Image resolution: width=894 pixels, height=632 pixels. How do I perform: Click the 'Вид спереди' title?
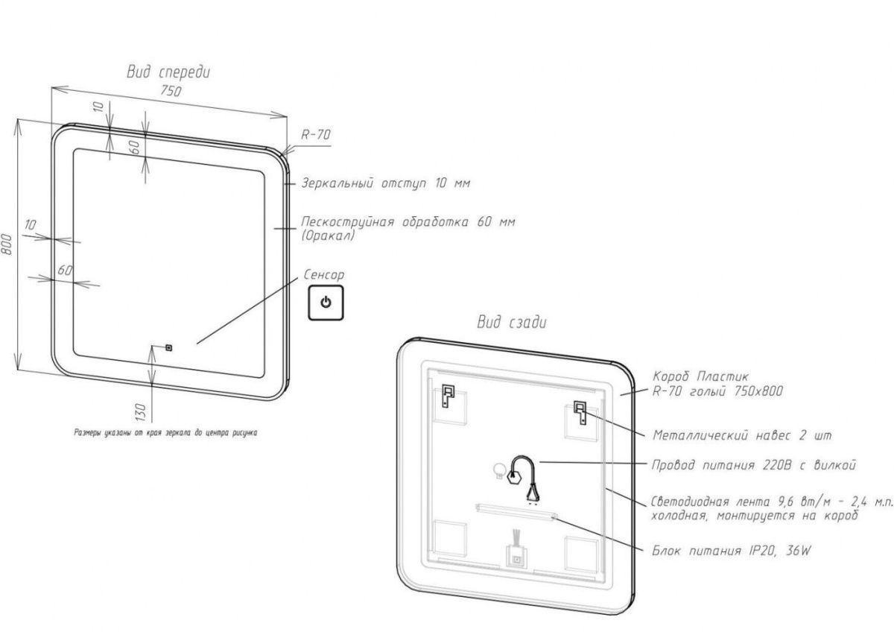[x=168, y=72]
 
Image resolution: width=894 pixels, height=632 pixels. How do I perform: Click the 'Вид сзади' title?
[x=512, y=322]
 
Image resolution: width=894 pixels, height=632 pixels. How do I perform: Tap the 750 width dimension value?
[x=171, y=92]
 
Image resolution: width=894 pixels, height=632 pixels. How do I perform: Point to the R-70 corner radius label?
[x=316, y=135]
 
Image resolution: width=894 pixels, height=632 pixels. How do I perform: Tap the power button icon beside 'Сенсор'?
[x=326, y=303]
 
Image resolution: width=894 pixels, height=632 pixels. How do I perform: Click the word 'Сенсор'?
[x=325, y=275]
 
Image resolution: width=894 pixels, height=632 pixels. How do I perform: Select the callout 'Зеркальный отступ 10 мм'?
[x=386, y=183]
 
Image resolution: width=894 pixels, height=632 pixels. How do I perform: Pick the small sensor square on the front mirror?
[x=168, y=347]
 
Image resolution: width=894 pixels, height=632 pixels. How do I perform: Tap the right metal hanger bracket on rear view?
[x=579, y=412]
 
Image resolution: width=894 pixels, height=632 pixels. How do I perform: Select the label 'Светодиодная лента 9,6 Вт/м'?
[x=771, y=502]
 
